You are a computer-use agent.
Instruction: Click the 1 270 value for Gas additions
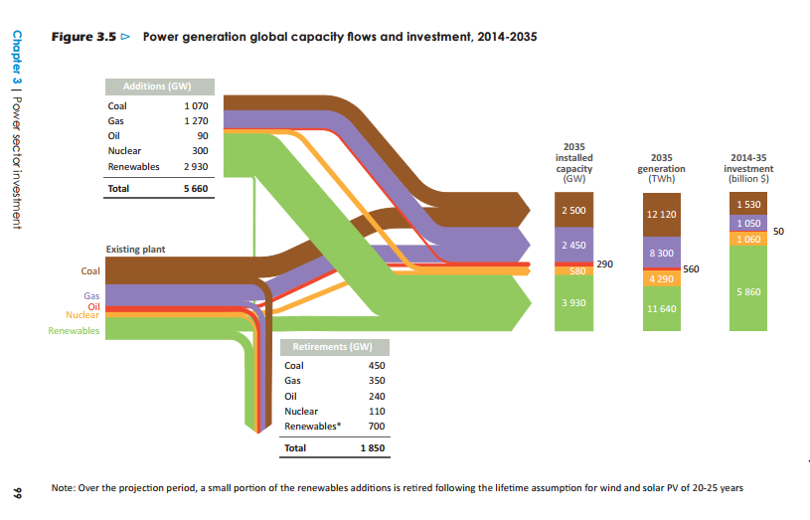(195, 119)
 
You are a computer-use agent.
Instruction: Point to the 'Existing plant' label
(135, 249)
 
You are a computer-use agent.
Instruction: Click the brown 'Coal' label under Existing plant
(90, 271)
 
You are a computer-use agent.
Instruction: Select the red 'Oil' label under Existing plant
(93, 306)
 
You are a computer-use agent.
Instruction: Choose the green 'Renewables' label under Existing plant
(74, 330)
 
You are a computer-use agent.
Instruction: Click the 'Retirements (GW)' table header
(333, 348)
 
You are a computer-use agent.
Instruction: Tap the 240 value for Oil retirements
(377, 396)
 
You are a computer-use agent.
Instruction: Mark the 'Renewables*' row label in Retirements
(311, 426)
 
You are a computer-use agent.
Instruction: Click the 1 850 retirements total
(371, 448)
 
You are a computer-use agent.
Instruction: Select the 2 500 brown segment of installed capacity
(572, 212)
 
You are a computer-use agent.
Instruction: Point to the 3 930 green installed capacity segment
(572, 301)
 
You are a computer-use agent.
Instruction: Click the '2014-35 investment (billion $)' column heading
(749, 169)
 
